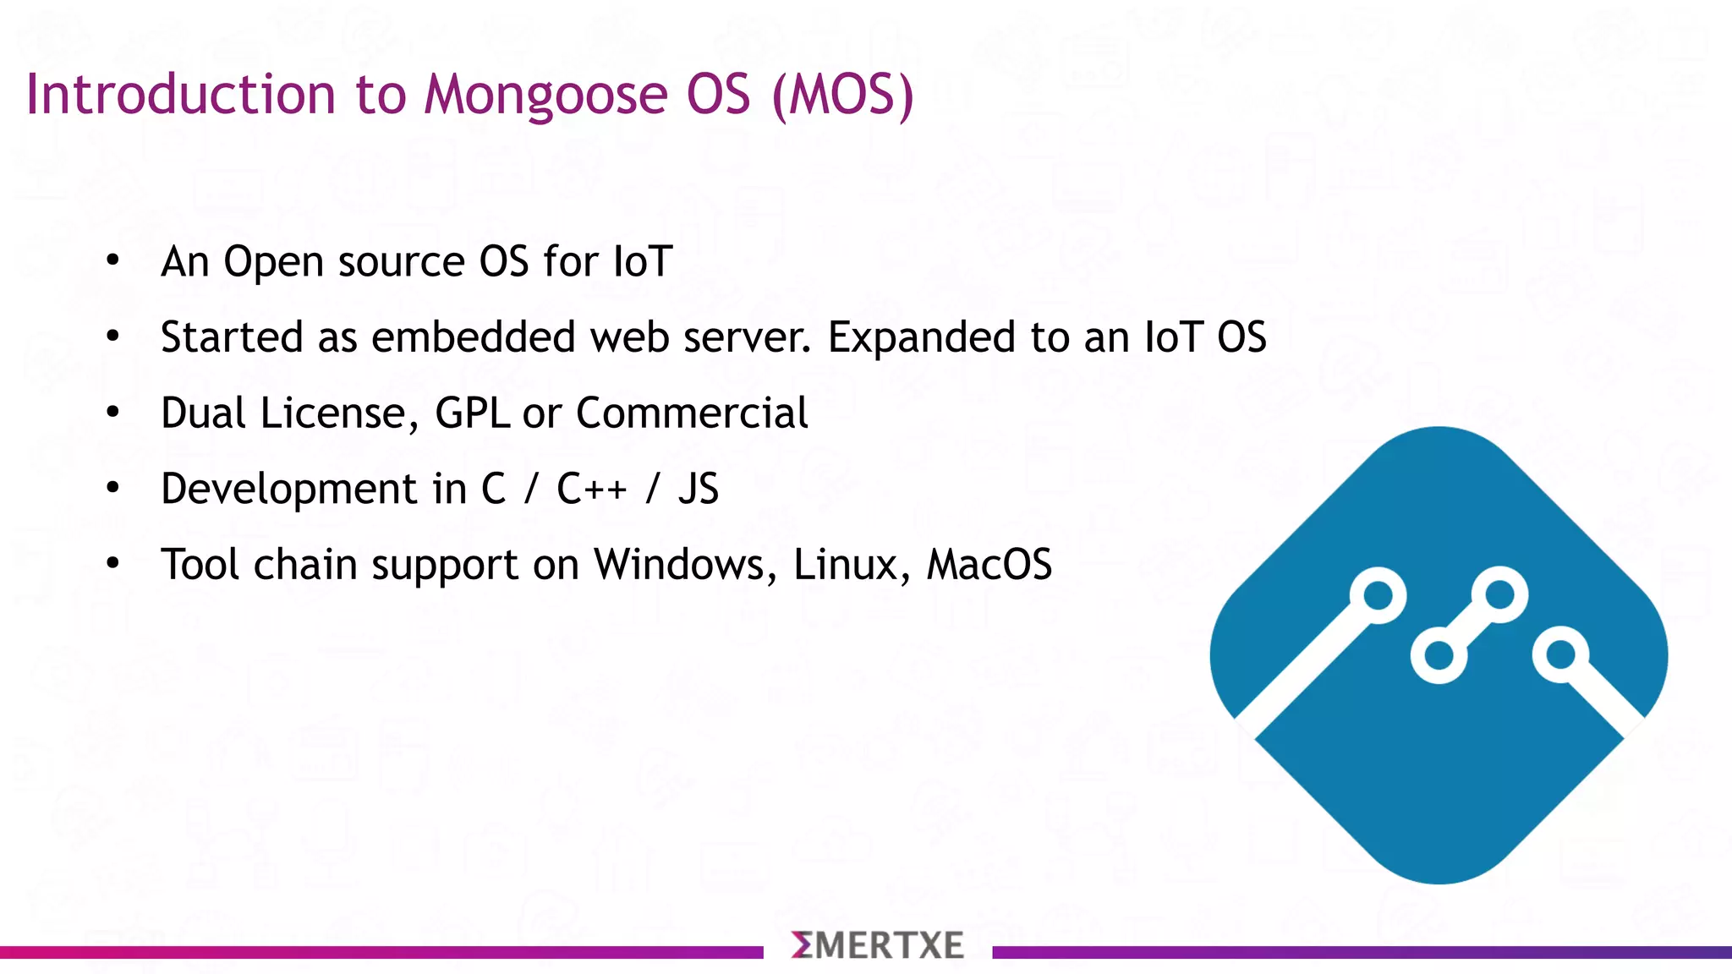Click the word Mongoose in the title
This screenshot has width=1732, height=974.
click(x=545, y=95)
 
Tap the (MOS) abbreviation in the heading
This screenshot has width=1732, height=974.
click(x=843, y=95)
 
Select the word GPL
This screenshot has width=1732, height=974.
click(x=472, y=413)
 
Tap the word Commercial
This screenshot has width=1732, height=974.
click(x=692, y=413)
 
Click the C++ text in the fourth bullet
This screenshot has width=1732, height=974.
click(x=591, y=489)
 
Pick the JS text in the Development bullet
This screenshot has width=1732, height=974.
click(x=699, y=489)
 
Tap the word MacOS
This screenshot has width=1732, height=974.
click(x=989, y=565)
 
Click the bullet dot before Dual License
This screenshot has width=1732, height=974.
click(x=113, y=413)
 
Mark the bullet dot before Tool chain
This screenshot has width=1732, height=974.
click(x=113, y=564)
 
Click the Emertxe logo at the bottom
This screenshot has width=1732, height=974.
click(x=878, y=945)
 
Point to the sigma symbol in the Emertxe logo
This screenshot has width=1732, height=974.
click(x=802, y=945)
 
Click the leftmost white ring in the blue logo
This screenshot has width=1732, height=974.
click(x=1378, y=595)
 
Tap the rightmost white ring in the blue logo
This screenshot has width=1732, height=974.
click(x=1560, y=654)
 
